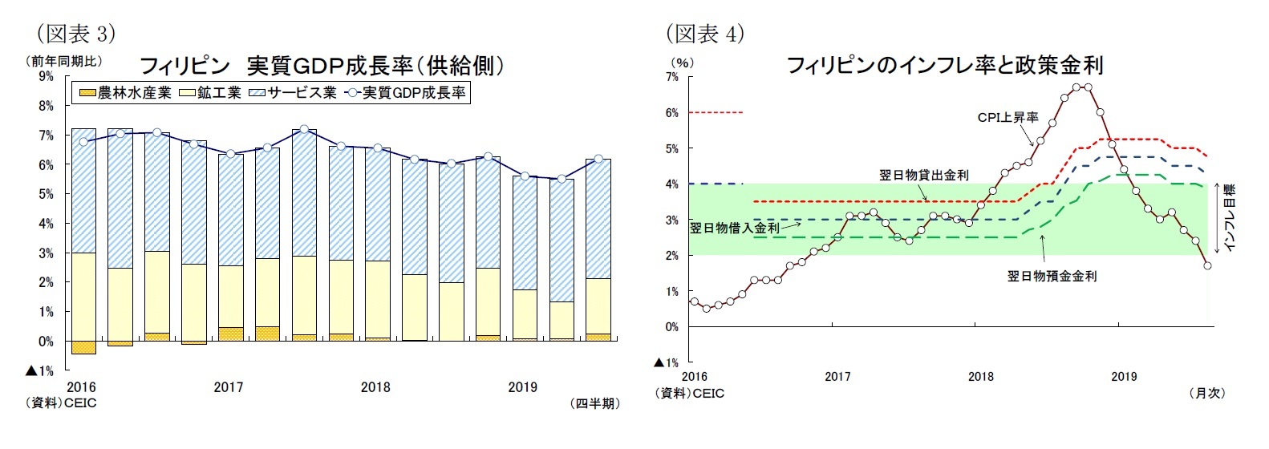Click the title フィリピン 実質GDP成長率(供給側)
click(322, 65)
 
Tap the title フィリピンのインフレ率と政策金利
click(944, 65)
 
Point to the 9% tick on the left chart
click(46, 76)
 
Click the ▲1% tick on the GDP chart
click(40, 370)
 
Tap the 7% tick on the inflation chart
click(671, 77)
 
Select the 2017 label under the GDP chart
click(228, 387)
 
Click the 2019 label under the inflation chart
click(1123, 376)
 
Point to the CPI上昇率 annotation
click(1007, 118)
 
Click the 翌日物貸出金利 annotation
click(923, 175)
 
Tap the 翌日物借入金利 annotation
click(735, 228)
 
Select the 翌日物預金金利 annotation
click(1052, 276)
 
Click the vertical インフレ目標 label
click(1230, 217)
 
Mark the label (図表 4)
click(705, 34)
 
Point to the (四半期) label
click(594, 403)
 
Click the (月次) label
click(1206, 393)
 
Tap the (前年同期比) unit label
click(64, 61)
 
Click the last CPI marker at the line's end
click(1207, 265)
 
